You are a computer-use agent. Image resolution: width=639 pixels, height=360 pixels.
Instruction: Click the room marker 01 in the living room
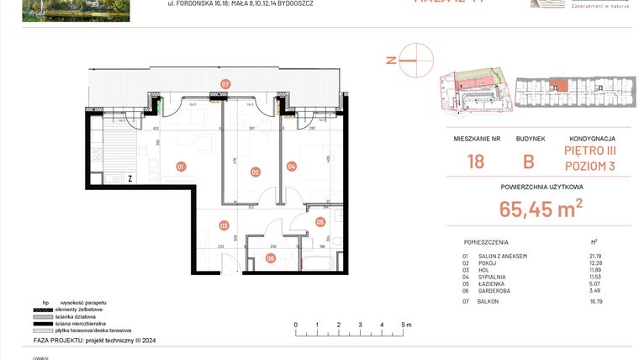point(181,167)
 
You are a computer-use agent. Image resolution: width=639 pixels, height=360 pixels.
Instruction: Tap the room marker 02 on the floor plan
point(255,172)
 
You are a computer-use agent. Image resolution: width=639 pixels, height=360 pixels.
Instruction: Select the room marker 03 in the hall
point(224,225)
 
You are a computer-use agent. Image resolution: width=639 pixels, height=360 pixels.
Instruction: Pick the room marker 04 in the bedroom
point(292,167)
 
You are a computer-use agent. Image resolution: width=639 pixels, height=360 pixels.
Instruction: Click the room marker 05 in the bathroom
point(320,222)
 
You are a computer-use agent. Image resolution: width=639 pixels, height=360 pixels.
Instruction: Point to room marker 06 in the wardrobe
point(270,258)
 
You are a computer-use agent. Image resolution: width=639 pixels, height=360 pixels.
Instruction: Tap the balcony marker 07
point(225,84)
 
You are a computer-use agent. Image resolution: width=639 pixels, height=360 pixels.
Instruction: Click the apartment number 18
point(476,162)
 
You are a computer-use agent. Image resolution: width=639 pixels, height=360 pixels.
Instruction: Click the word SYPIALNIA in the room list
point(497,277)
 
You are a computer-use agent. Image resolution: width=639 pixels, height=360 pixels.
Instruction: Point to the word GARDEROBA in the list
point(499,291)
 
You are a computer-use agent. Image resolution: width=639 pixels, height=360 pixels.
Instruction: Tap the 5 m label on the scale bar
point(405,324)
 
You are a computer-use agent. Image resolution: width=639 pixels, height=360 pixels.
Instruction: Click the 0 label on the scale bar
point(295,324)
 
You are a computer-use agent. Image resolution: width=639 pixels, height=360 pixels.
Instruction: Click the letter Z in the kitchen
point(130,178)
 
